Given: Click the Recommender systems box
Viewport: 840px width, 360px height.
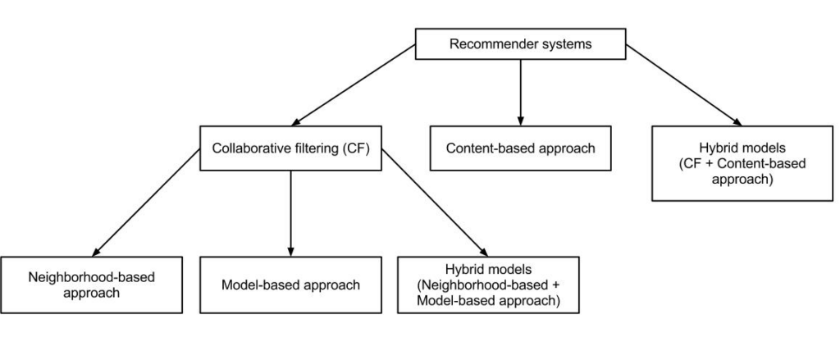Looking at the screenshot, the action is [x=520, y=44].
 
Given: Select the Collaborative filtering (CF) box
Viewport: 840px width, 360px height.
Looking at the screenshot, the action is [x=291, y=148].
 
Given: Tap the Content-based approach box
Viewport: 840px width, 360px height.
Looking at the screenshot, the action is [x=520, y=148].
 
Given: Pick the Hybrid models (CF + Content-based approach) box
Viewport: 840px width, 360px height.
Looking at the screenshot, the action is [x=742, y=163].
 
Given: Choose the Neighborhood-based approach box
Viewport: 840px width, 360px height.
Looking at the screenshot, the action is [x=91, y=285].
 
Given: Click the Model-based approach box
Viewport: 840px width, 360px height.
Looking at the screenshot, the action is [x=291, y=285].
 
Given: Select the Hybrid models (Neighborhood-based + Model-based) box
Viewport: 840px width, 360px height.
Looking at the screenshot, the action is [x=488, y=285].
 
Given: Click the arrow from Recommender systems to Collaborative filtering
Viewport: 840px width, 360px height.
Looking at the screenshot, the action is [x=354, y=85].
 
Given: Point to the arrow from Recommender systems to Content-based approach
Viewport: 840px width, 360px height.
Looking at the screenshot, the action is [x=520, y=93].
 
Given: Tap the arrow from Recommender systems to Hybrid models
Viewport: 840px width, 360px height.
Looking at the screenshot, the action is [x=684, y=85].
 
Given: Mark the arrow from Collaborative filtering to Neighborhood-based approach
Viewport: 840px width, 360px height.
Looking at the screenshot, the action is [x=146, y=203].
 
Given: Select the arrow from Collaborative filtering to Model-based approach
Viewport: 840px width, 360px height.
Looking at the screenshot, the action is [x=291, y=214].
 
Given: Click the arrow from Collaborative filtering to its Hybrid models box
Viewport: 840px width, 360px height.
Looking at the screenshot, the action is [x=435, y=203].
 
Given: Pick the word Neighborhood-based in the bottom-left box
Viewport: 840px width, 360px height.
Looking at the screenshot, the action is [x=91, y=277].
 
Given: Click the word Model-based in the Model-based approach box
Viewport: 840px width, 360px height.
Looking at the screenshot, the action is [x=254, y=285].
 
